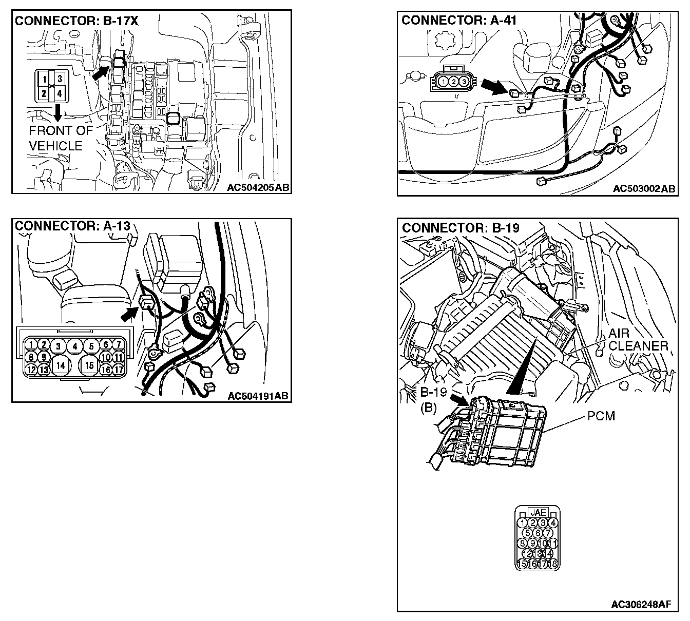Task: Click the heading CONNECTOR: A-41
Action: pos(459,20)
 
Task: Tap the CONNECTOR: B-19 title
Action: pos(461,228)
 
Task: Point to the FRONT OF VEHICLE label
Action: pos(61,138)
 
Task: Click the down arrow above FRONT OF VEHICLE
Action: pos(57,111)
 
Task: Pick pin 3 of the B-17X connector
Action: pos(60,79)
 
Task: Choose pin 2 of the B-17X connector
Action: pos(45,93)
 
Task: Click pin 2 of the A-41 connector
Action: pos(454,81)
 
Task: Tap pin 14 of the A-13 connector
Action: pos(61,365)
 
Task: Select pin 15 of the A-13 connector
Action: pos(90,365)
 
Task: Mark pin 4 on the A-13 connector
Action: pos(75,346)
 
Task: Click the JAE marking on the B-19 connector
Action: pos(538,512)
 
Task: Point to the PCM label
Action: pos(601,416)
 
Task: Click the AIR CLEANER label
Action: pos(638,340)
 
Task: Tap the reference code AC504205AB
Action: pos(258,187)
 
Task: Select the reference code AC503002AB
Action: pos(644,189)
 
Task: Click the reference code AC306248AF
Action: pos(641,604)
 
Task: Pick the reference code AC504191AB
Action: pos(258,396)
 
